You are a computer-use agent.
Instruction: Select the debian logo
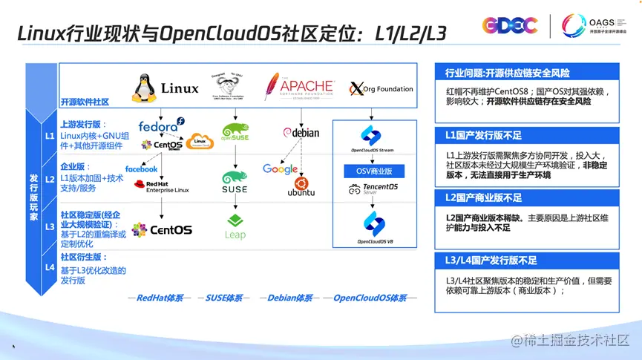pyautogui.click(x=301, y=132)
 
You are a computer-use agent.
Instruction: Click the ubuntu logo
pyautogui.click(x=301, y=187)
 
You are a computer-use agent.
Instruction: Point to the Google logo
pyautogui.click(x=280, y=169)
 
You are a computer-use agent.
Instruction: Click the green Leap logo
pyautogui.click(x=235, y=226)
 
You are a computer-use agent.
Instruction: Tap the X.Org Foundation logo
pyautogui.click(x=380, y=89)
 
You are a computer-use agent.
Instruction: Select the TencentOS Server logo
pyautogui.click(x=373, y=191)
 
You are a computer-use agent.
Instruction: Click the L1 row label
pyautogui.click(x=50, y=137)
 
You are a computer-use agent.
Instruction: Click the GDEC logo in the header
pyautogui.click(x=509, y=26)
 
